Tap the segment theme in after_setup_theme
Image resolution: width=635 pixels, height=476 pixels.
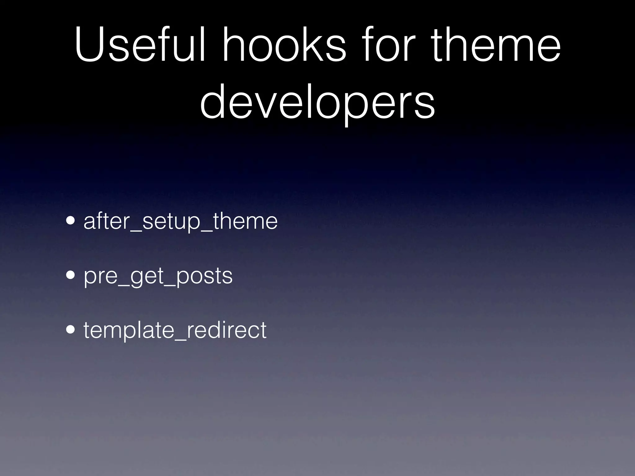[245, 221]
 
